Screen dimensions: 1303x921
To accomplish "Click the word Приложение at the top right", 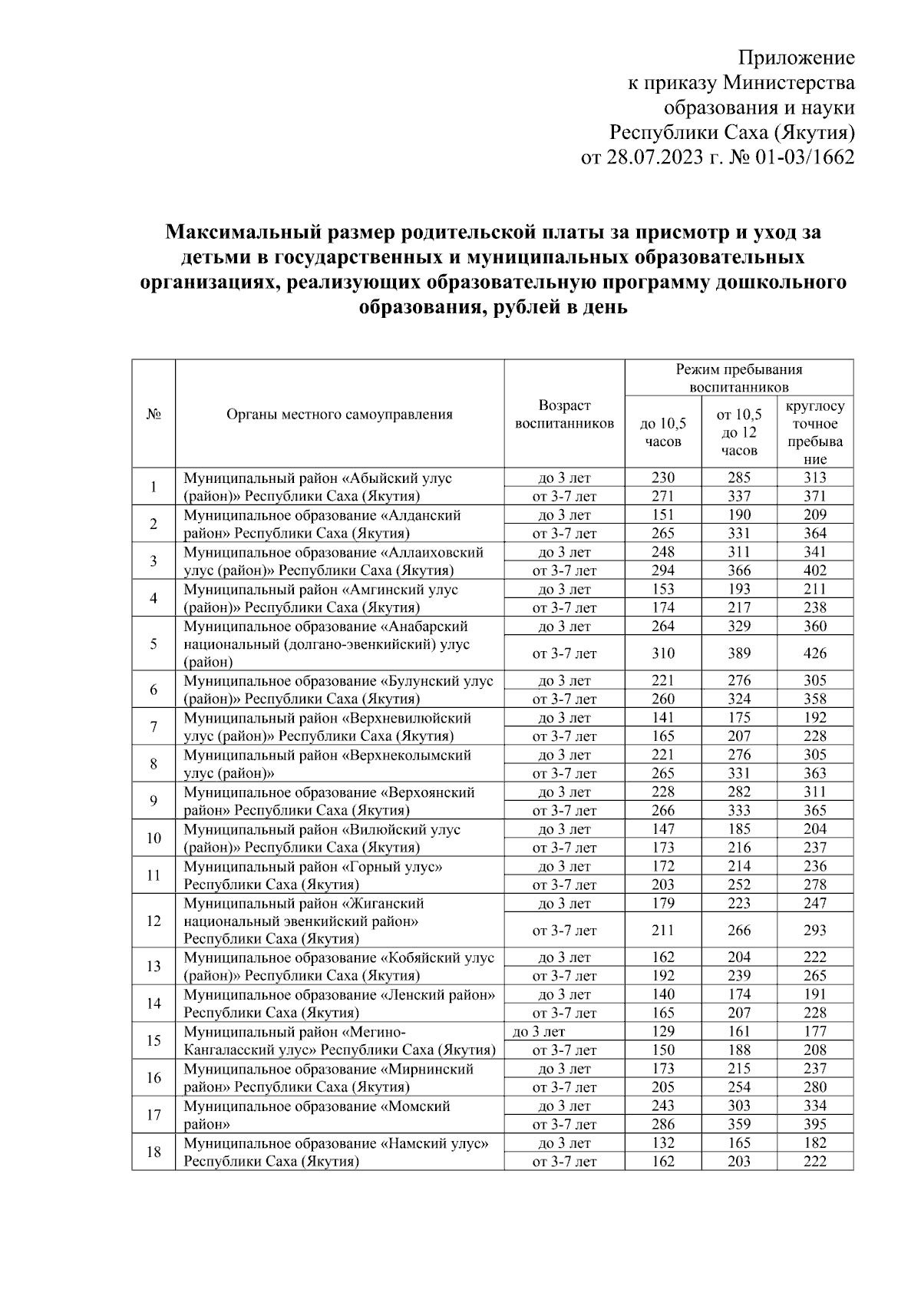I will [x=796, y=58].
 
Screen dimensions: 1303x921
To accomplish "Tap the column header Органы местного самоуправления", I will [x=339, y=415].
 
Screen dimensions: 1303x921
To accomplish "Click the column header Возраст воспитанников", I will [x=564, y=414].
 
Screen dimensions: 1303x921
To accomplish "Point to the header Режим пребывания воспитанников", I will [x=738, y=378].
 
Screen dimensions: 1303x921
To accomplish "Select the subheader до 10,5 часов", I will [x=662, y=432].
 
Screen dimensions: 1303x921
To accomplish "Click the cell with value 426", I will [x=814, y=653].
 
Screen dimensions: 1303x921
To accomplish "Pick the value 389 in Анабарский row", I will [x=739, y=653].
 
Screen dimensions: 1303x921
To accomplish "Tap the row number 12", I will [x=153, y=921].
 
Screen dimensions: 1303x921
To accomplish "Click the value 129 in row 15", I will [x=662, y=1031].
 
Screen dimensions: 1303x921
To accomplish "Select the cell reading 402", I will [x=814, y=570].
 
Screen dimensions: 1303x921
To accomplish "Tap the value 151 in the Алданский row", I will [x=662, y=515].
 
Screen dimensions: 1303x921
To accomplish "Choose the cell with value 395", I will [x=814, y=1124].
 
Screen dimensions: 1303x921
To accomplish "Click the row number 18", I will [x=153, y=1152].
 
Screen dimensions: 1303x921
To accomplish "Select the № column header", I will [x=153, y=415].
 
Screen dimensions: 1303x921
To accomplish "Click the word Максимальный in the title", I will [x=229, y=230].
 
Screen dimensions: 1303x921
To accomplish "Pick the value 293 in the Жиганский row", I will [x=814, y=931].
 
